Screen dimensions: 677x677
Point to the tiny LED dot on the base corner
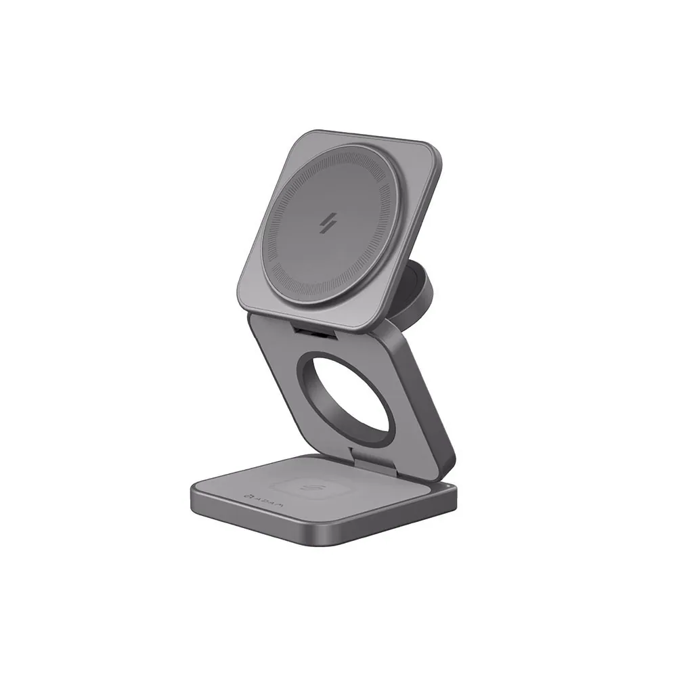[x=449, y=487]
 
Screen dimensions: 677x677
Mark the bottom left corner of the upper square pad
[x=248, y=305]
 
